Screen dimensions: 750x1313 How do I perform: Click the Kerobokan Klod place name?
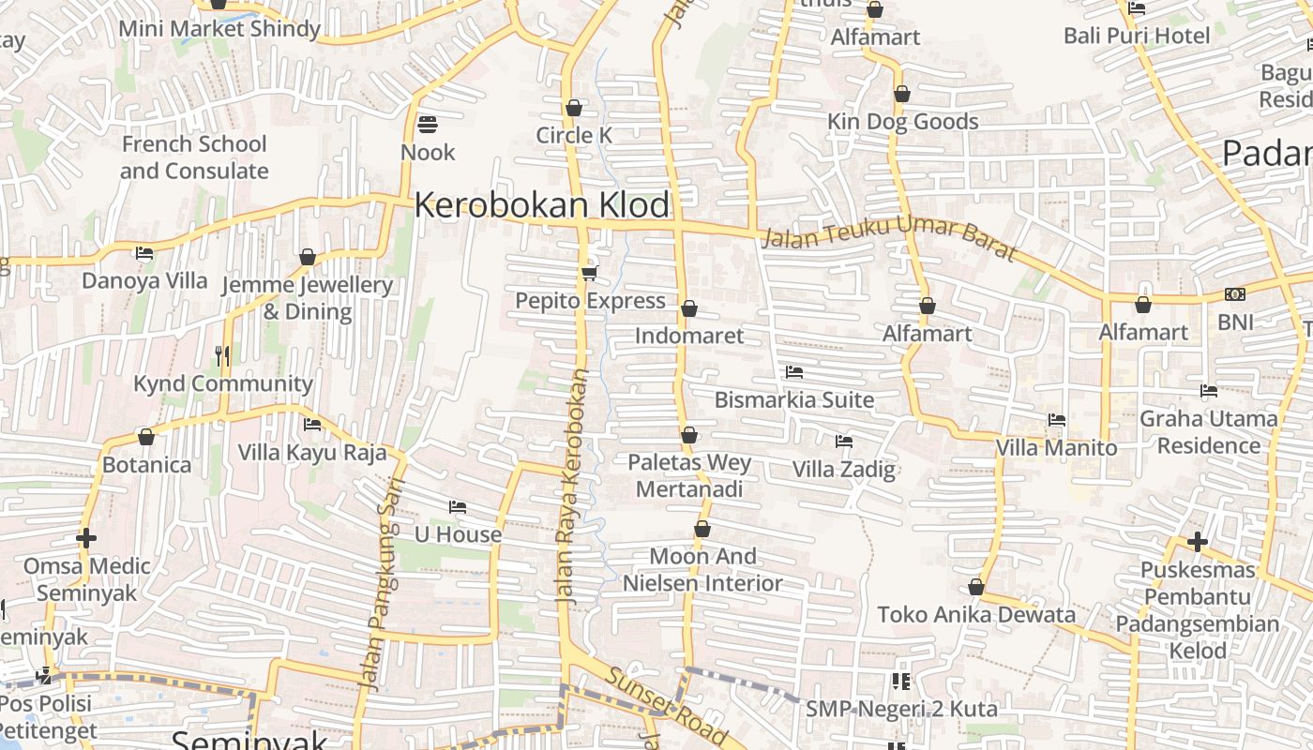542,205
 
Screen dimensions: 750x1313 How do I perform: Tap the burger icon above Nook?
428,124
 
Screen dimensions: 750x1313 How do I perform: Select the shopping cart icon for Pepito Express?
589,273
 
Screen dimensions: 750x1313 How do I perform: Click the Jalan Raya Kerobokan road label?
571,484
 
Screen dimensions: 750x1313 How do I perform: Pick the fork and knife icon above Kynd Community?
222,355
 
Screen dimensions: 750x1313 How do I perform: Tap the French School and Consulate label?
194,157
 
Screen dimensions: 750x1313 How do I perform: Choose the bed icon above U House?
458,507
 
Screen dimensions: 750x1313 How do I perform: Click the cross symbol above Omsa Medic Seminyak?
86,538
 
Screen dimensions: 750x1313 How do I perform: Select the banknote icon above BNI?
1235,294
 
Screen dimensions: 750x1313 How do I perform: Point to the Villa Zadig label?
844,469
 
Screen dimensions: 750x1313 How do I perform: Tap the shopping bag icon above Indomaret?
689,308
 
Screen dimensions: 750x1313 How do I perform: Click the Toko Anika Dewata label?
976,615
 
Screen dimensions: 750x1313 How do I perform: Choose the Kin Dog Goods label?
903,122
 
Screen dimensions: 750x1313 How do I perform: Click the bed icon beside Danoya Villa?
144,253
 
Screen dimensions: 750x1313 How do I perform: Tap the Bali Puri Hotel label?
1137,36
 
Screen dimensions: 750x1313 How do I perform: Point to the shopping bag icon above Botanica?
146,437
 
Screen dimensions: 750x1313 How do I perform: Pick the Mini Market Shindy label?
219,29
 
